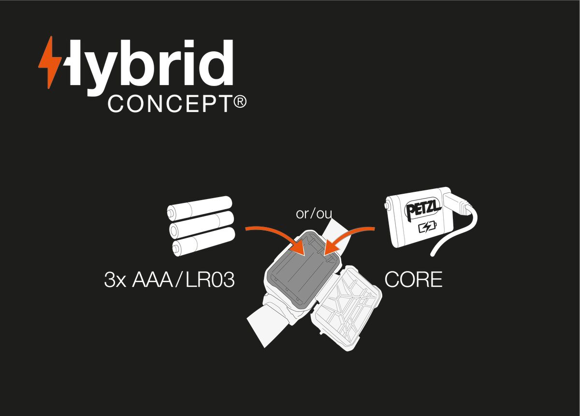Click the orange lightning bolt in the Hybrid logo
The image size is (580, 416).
(50, 63)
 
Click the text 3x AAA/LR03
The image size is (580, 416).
(169, 280)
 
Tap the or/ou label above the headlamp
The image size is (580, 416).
(314, 214)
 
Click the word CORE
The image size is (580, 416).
(413, 280)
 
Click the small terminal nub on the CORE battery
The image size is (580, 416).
(388, 206)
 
